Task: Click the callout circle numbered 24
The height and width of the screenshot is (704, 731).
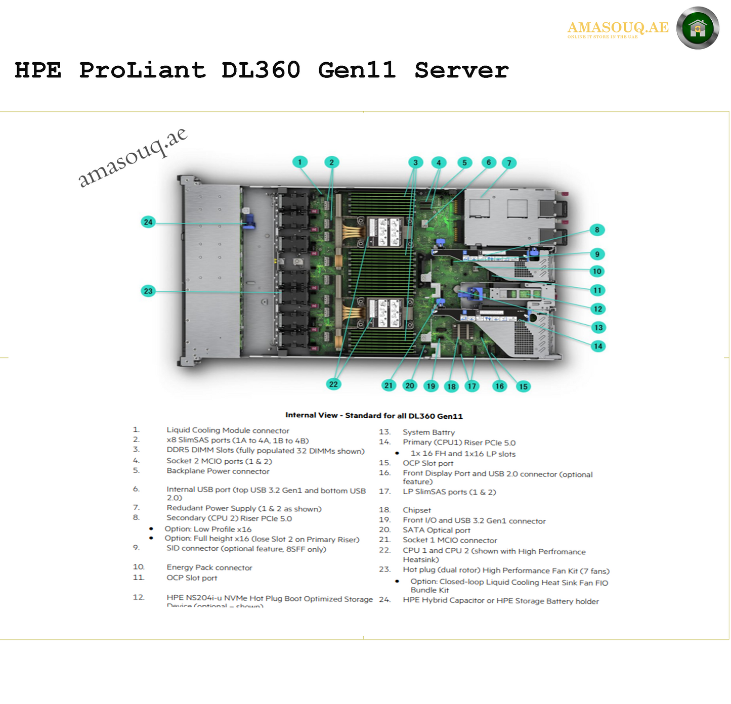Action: click(x=148, y=222)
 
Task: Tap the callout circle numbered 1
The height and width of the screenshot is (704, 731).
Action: click(x=299, y=162)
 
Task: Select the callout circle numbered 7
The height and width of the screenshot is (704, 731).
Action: click(x=509, y=163)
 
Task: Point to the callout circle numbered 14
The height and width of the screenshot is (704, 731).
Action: click(x=598, y=346)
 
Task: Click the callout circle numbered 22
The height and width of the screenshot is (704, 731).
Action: click(x=333, y=384)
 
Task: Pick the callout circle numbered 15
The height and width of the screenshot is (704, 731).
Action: click(x=523, y=387)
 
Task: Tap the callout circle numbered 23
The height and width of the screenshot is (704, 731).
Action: click(x=148, y=291)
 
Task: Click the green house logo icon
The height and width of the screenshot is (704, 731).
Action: click(x=698, y=28)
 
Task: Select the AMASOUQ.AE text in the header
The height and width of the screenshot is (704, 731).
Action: click(x=618, y=27)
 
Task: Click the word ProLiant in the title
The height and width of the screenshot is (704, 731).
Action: click(x=142, y=70)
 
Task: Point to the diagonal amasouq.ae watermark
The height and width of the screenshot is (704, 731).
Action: click(x=133, y=157)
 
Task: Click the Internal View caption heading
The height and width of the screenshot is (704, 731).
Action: click(x=374, y=416)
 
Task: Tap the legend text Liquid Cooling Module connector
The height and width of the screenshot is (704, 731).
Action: click(x=228, y=430)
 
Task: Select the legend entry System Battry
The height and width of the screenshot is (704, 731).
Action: click(x=428, y=432)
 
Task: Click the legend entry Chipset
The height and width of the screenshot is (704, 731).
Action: click(x=417, y=510)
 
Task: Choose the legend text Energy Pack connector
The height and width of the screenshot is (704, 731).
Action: click(x=209, y=568)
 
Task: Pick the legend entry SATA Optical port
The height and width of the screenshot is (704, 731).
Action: click(x=436, y=530)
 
